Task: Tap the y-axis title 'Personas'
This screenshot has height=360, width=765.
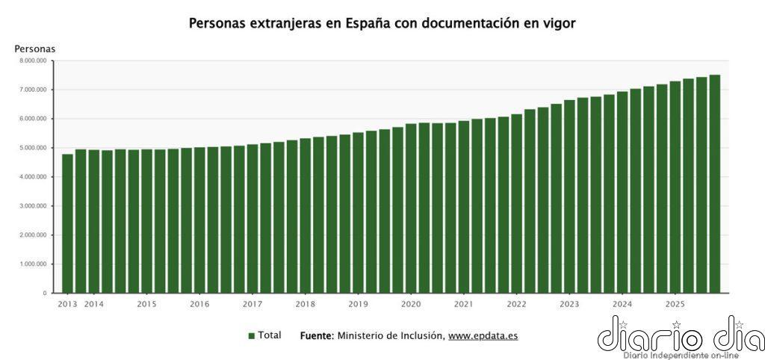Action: click(x=35, y=49)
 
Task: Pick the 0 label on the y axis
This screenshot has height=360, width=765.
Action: click(x=45, y=294)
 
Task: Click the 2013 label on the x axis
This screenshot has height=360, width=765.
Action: click(x=67, y=305)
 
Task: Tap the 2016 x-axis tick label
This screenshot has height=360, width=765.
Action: click(x=199, y=305)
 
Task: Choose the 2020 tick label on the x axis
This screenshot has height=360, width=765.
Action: click(x=411, y=305)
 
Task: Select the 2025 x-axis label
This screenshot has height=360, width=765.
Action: click(x=675, y=305)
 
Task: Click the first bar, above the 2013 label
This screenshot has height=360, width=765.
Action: click(x=67, y=223)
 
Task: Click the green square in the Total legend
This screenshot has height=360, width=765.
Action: click(x=252, y=336)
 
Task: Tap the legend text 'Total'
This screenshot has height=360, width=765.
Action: click(x=270, y=335)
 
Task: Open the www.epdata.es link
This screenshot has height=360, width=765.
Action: click(x=483, y=336)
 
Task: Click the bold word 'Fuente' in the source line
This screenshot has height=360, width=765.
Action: click(x=315, y=335)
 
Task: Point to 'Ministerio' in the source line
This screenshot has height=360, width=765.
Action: click(x=360, y=335)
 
